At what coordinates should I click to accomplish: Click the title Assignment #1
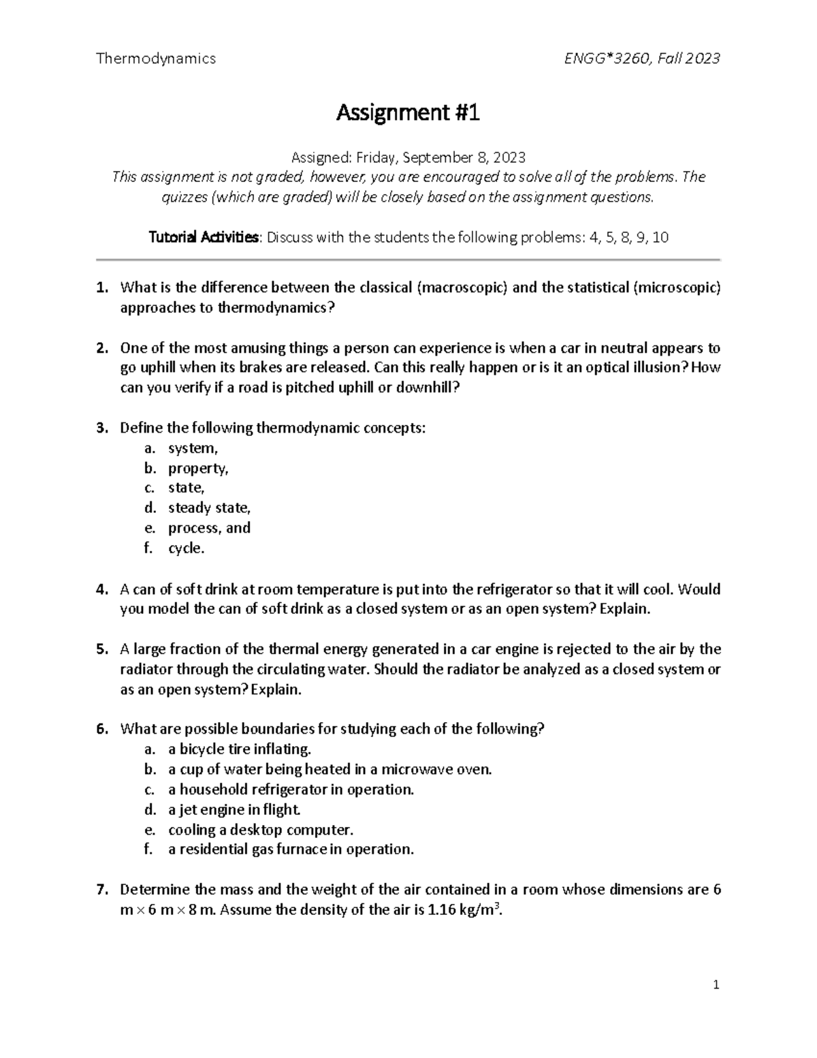click(408, 112)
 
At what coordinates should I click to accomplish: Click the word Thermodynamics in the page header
click(156, 59)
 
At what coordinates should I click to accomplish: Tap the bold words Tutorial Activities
click(204, 238)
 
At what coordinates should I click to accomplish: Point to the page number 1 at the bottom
click(716, 984)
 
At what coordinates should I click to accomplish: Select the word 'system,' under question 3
click(193, 448)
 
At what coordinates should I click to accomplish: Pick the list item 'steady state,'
click(210, 508)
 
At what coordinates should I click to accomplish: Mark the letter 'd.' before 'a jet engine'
click(149, 810)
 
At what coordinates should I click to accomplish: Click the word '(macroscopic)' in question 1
click(461, 287)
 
